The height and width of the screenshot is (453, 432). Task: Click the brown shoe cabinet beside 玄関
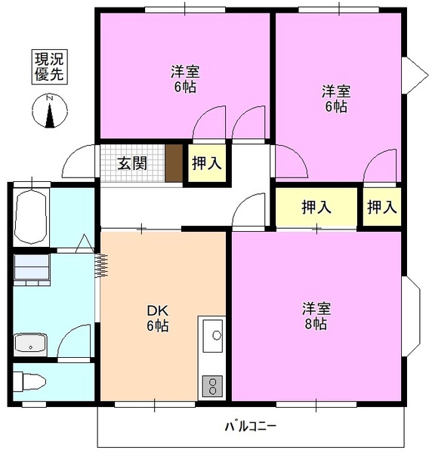pos(174,163)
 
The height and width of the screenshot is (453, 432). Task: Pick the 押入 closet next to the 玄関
pos(206,162)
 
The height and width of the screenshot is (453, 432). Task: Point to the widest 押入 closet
pos(315,207)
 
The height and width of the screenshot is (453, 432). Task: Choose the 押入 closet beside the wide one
pos(381,207)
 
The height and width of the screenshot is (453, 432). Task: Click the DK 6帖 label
pos(157,318)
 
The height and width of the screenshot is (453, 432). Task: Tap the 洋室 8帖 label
pos(315,316)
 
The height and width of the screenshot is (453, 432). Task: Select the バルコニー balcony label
pos(251,427)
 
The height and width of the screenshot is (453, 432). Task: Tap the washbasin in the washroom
pos(31,344)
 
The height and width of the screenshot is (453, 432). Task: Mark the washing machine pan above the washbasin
pos(31,269)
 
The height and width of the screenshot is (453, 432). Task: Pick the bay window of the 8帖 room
pos(412,317)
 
